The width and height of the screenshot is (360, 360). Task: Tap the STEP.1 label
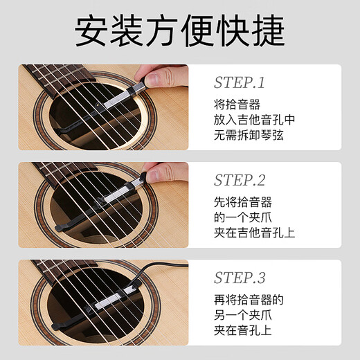click(239, 84)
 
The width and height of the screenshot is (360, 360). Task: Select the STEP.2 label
click(239, 181)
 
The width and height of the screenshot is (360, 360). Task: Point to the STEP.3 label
click(239, 279)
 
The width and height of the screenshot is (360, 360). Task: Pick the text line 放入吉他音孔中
click(254, 120)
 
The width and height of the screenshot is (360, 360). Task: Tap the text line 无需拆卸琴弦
click(249, 135)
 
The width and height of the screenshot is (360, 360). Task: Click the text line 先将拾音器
click(243, 202)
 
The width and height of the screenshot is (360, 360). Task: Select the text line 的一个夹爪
click(243, 217)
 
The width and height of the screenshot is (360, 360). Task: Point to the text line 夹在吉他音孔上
click(254, 233)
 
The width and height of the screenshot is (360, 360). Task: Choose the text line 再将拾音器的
click(249, 300)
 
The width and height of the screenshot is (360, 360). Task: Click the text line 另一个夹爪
click(243, 315)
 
